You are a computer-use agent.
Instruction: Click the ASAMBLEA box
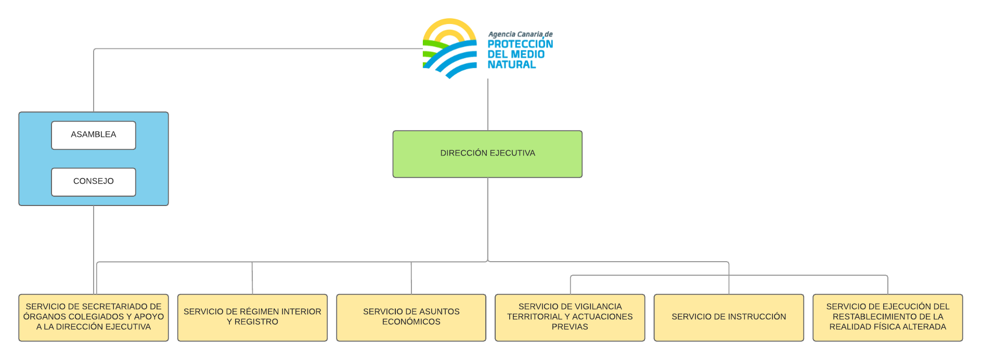[x=94, y=135]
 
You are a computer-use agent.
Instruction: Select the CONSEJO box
[x=94, y=182]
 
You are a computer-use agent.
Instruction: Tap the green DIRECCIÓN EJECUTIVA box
[x=487, y=154]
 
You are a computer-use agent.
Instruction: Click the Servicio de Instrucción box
[x=729, y=317]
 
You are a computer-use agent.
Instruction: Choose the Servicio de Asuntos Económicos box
[x=411, y=317]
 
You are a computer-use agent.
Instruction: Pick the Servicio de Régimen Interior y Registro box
[x=252, y=317]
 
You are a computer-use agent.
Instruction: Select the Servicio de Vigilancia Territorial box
[x=570, y=317]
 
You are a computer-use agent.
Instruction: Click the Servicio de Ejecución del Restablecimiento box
[x=887, y=317]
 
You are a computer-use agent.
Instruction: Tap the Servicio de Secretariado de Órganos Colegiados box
[x=94, y=317]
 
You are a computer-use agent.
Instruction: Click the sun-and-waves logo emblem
[x=450, y=48]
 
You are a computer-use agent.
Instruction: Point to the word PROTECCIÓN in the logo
[x=520, y=44]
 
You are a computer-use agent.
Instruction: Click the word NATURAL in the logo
[x=511, y=65]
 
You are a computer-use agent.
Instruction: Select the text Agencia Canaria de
[x=520, y=34]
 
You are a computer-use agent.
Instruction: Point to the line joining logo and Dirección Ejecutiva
[x=488, y=104]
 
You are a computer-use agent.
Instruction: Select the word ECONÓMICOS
[x=411, y=322]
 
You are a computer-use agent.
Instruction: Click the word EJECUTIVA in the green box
[x=512, y=153]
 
